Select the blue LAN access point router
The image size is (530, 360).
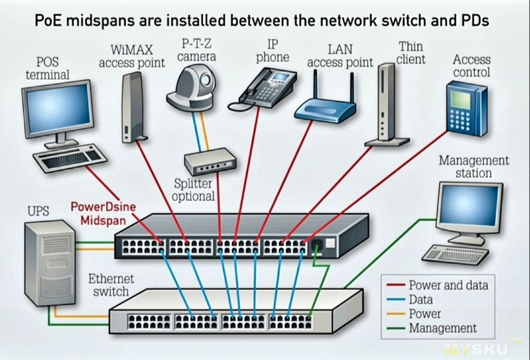pyautogui.click(x=325, y=110)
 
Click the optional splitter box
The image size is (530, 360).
pyautogui.click(x=209, y=162)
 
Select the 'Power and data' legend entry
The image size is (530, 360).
pyautogui.click(x=448, y=285)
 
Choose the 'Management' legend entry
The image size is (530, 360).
pyautogui.click(x=443, y=328)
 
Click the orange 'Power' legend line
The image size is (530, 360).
pyautogui.click(x=396, y=314)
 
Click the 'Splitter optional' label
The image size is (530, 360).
pyautogui.click(x=194, y=190)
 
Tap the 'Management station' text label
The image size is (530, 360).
pyautogui.click(x=473, y=166)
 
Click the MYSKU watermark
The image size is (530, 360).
pyautogui.click(x=477, y=349)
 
